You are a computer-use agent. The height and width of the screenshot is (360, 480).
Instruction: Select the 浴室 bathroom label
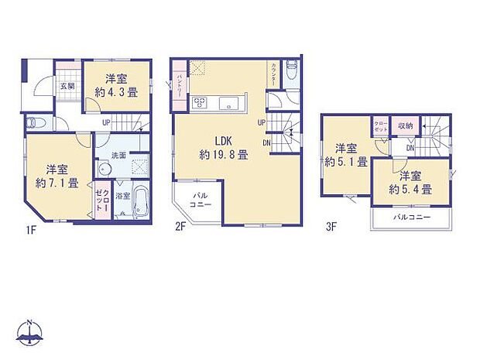[x=122, y=197]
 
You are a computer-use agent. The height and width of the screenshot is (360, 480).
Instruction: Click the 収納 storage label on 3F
[x=406, y=125]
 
